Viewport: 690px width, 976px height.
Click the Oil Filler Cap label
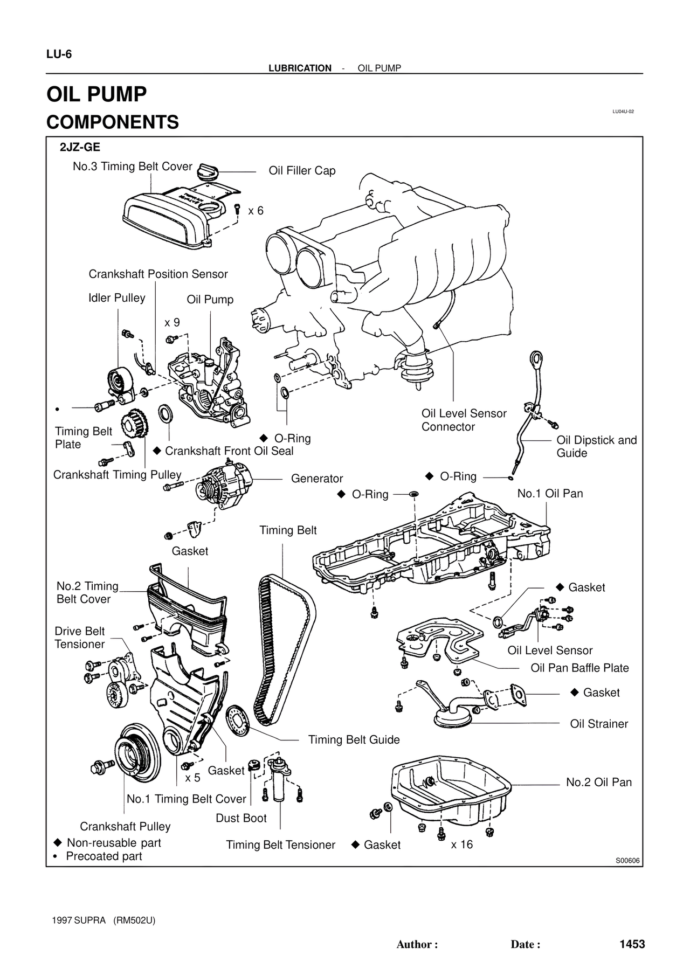(302, 171)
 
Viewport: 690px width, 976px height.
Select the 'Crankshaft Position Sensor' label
(158, 274)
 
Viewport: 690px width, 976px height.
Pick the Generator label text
(317, 479)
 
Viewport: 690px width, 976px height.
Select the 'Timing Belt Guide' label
(354, 740)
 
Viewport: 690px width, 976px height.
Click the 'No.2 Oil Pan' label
(598, 783)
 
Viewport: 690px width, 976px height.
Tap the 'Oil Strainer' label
(599, 724)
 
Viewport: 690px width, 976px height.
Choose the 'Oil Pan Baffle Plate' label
(579, 668)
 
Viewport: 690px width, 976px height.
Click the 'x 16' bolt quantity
(461, 845)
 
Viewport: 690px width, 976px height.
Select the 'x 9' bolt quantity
(172, 323)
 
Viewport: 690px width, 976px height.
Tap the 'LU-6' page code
(59, 54)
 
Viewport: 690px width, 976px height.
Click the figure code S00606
(627, 861)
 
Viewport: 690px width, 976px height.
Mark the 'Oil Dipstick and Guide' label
(596, 447)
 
